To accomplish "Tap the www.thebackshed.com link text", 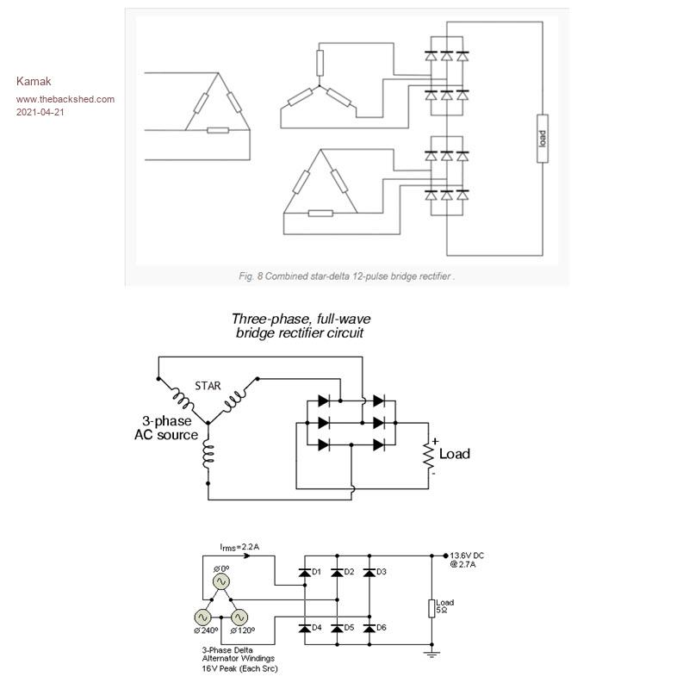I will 65,99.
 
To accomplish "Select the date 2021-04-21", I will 40,112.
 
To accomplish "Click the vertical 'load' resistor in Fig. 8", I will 542,139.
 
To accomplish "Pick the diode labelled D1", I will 304,572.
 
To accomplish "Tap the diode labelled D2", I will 337,572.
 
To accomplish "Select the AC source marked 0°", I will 220,581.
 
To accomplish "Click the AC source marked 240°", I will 203,618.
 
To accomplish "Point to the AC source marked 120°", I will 239,618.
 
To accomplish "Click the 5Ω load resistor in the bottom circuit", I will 431,608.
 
